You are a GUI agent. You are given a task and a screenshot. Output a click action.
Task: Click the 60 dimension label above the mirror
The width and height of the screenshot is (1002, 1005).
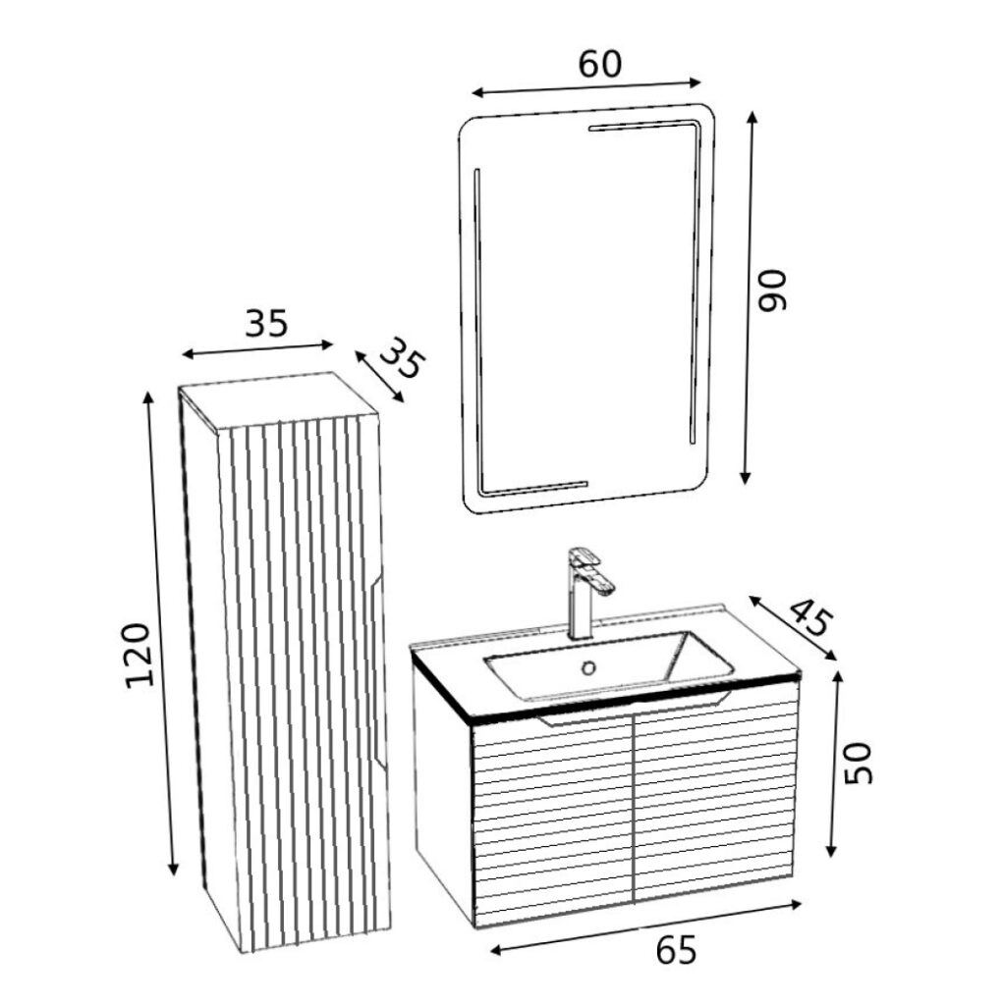[599, 64]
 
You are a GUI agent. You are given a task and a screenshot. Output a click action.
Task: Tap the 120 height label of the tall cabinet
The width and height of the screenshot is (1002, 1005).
[139, 654]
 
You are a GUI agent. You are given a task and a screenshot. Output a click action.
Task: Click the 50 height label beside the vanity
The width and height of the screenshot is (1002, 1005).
[858, 764]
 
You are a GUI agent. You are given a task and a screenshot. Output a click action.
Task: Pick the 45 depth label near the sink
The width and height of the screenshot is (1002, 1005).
[809, 615]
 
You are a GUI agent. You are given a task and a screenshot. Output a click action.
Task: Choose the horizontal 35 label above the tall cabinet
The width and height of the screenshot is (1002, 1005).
[266, 323]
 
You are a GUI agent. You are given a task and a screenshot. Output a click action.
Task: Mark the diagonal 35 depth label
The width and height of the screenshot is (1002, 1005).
[401, 360]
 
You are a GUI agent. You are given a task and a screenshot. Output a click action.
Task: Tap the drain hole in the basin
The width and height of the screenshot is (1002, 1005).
[589, 668]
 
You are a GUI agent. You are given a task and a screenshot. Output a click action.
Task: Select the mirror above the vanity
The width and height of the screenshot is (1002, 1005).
[587, 304]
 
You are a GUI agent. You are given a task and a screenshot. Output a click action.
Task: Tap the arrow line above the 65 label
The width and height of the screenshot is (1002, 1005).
[646, 926]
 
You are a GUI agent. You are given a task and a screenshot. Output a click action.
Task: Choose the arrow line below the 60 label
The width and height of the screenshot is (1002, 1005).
[587, 88]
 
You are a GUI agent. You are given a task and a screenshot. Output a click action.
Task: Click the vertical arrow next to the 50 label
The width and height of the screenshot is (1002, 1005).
[834, 764]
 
